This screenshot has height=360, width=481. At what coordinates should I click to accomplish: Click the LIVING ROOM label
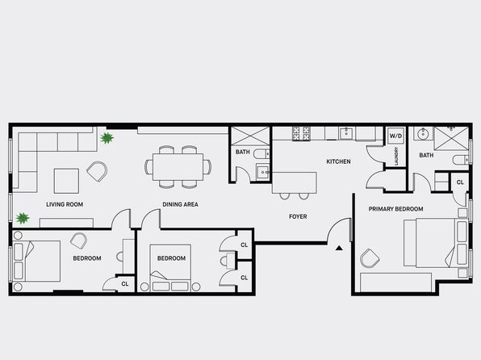(65, 204)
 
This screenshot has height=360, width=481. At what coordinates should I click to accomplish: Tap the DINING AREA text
(181, 204)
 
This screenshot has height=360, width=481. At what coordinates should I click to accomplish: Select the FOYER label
(298, 216)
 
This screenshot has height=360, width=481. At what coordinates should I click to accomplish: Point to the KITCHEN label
(338, 161)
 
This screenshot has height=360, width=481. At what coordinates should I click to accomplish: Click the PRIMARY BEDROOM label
(395, 209)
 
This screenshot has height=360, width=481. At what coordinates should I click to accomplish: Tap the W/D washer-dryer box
(395, 136)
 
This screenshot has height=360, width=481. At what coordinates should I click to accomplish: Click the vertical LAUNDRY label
(396, 156)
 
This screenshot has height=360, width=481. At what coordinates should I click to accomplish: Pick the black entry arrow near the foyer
(339, 248)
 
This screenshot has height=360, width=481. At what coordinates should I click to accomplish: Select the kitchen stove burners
(301, 133)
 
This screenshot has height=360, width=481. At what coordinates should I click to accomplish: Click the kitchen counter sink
(347, 133)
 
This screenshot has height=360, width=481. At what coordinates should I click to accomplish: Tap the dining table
(178, 167)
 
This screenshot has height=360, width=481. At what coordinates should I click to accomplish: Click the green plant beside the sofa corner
(107, 138)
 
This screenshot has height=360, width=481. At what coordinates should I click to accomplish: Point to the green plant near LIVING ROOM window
(23, 218)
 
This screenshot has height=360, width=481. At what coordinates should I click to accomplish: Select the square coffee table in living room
(66, 181)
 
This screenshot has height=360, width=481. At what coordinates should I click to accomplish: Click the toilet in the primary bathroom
(461, 160)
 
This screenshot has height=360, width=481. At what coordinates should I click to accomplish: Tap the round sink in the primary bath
(424, 133)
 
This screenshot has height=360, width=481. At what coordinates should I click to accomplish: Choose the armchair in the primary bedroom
(370, 258)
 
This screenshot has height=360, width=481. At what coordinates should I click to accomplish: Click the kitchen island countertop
(295, 182)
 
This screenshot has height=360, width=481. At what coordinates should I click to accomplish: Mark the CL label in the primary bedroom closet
(460, 182)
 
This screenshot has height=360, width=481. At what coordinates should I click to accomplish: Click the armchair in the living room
(97, 172)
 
